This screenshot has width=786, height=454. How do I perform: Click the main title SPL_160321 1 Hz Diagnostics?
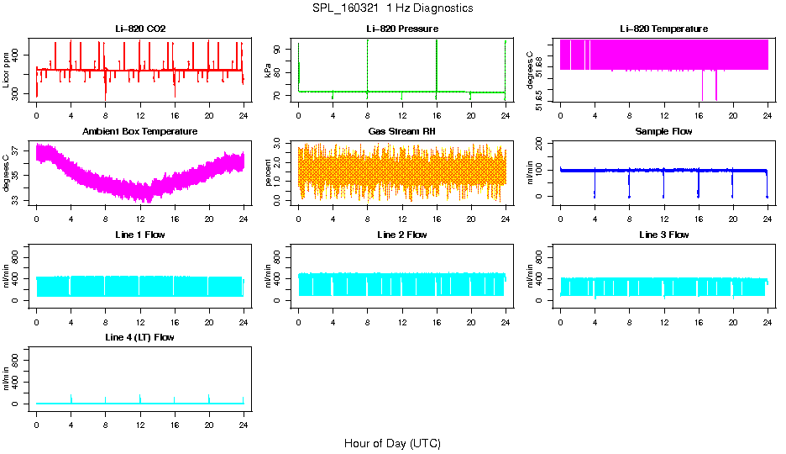pos(392,8)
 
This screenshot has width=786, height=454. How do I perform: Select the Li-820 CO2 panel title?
pos(140,29)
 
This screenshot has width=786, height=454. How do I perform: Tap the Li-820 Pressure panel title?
pos(401,29)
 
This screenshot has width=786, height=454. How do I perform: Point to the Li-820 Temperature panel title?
pos(663,29)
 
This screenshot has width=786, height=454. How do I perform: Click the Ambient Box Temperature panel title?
pos(140,132)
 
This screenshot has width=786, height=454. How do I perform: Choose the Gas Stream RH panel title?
pos(401,132)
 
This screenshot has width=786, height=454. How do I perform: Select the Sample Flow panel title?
pos(663,132)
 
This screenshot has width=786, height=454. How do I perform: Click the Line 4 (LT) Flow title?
pos(140,337)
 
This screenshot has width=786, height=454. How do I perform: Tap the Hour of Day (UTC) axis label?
pos(392,443)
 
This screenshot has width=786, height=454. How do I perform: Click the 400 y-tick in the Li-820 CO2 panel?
pos(21,55)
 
